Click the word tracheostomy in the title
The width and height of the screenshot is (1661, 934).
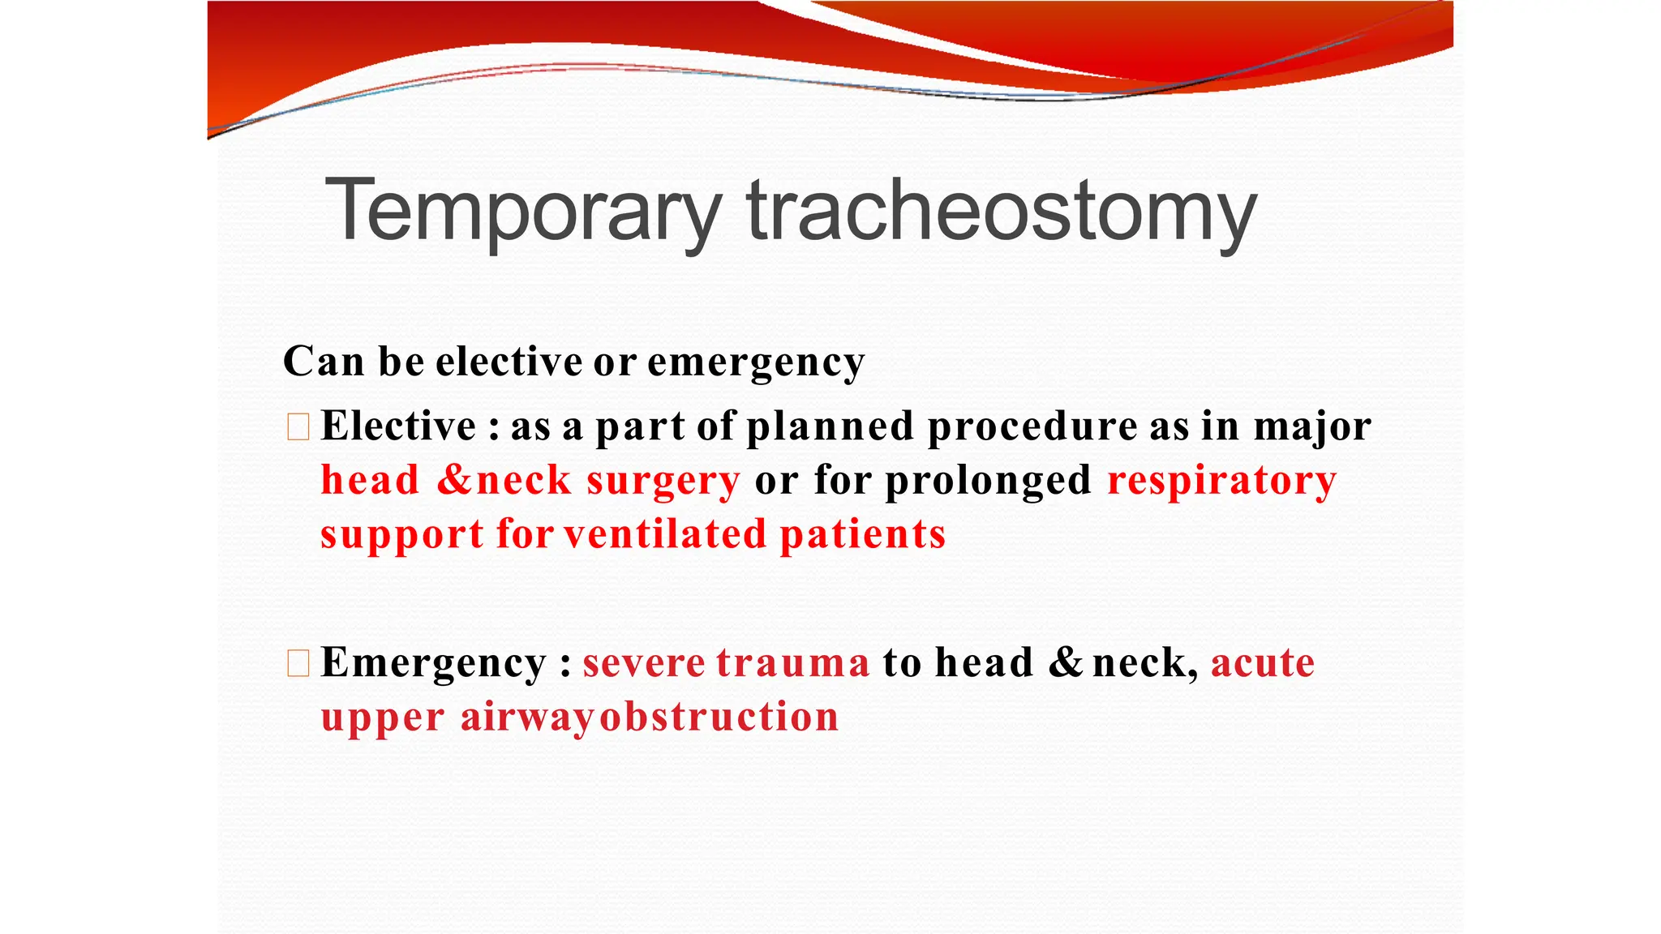(1001, 211)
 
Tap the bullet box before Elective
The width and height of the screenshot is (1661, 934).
(298, 426)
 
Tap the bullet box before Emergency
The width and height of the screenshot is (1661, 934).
(298, 663)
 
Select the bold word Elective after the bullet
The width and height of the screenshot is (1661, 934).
(398, 426)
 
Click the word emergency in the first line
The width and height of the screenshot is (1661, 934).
(755, 362)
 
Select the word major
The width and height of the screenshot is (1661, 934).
(1311, 427)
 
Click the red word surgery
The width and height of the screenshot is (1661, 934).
(663, 481)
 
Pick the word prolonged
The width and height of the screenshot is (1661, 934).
(988, 481)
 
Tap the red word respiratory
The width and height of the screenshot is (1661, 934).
(1221, 481)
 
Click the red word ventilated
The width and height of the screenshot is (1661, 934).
(665, 534)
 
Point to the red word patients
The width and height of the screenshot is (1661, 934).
(862, 534)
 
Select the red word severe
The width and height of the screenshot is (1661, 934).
(644, 663)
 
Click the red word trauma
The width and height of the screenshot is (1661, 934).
(792, 663)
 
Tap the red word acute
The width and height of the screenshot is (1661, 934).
(1262, 663)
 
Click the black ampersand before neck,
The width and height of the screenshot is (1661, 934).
(1066, 663)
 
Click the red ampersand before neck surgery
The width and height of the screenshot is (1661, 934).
(454, 481)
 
